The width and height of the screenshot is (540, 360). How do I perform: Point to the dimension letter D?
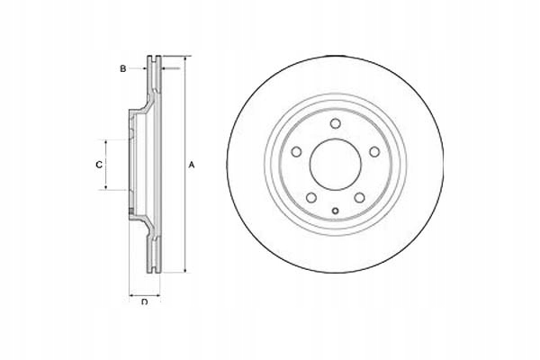tap(144, 301)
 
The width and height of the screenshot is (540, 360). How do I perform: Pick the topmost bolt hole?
tap(334, 125)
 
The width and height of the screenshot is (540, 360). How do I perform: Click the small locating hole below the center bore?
tap(334, 212)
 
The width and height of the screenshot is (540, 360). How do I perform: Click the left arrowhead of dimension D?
tap(131, 293)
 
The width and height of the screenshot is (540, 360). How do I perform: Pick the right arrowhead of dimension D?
tap(159, 293)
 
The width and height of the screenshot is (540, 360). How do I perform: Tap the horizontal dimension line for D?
tap(145, 293)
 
